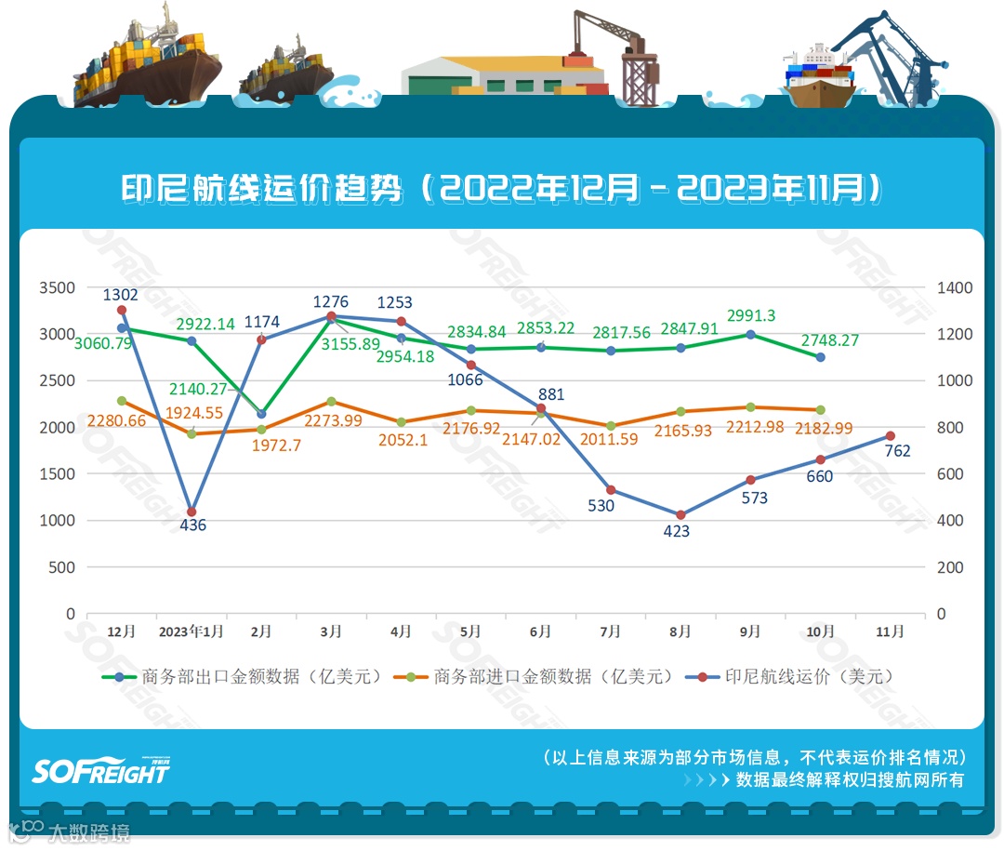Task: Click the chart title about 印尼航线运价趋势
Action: tap(501, 190)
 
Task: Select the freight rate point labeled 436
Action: tap(192, 512)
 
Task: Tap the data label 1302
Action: tap(121, 295)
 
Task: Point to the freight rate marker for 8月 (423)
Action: tap(680, 514)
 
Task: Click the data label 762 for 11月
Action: tap(897, 452)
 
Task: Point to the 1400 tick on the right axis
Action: tap(954, 288)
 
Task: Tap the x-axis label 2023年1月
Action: tap(191, 632)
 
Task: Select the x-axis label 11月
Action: tap(890, 632)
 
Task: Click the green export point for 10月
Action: tap(820, 357)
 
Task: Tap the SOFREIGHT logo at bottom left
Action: tap(100, 770)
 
